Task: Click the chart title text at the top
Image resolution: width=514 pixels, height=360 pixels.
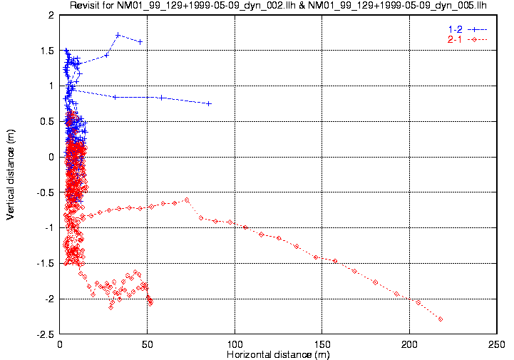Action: pyautogui.click(x=283, y=6)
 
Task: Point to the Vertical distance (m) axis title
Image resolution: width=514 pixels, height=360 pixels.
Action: pyautogui.click(x=11, y=175)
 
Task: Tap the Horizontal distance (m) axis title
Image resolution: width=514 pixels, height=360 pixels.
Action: pyautogui.click(x=277, y=354)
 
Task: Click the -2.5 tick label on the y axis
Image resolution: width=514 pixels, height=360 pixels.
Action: pyautogui.click(x=45, y=334)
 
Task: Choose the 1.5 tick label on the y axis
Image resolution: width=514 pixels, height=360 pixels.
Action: pyautogui.click(x=47, y=51)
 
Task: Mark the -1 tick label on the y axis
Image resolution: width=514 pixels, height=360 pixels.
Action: pyautogui.click(x=49, y=228)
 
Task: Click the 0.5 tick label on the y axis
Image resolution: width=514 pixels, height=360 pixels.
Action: pyautogui.click(x=47, y=121)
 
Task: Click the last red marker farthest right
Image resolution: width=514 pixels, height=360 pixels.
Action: pyautogui.click(x=441, y=319)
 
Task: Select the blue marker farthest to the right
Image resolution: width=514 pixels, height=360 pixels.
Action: pyautogui.click(x=209, y=103)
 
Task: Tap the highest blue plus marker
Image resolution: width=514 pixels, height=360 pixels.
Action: pyautogui.click(x=118, y=35)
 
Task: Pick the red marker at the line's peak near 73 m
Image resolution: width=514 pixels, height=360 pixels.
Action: pyautogui.click(x=187, y=200)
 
